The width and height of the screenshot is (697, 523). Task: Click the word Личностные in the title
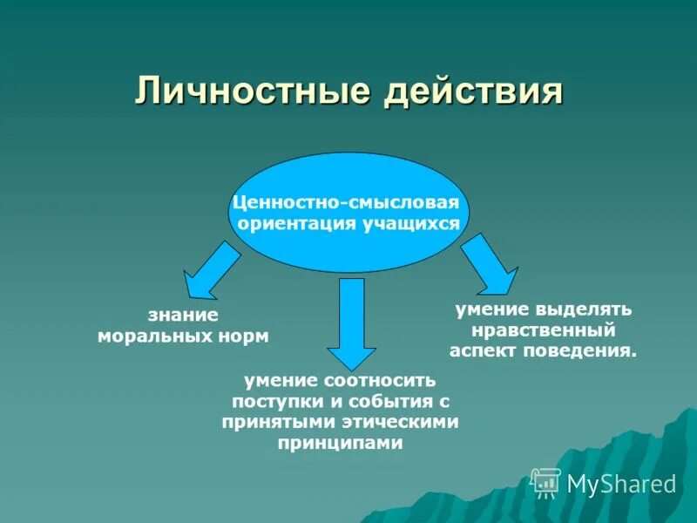[x=247, y=92]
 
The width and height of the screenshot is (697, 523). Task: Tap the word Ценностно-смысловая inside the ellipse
[x=345, y=203]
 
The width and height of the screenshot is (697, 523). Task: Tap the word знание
[x=183, y=316]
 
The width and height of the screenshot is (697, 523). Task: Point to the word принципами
[x=341, y=443]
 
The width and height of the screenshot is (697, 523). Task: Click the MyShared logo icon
[x=546, y=482]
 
